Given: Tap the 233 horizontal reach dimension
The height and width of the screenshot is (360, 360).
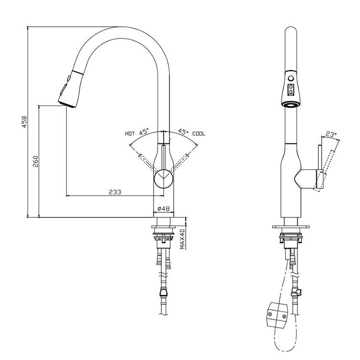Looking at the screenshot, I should point(114,192).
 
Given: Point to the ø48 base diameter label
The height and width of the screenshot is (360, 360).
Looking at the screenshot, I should point(164,209).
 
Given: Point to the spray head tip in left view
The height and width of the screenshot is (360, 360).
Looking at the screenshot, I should point(66,102).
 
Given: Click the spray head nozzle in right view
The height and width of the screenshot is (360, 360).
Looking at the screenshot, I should point(290,104).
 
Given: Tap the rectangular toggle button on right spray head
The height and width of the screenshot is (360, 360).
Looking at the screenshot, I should point(290,89).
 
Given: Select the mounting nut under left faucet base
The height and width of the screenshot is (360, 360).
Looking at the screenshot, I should point(164,236).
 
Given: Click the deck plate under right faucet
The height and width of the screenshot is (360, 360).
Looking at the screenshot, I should point(290,225).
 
